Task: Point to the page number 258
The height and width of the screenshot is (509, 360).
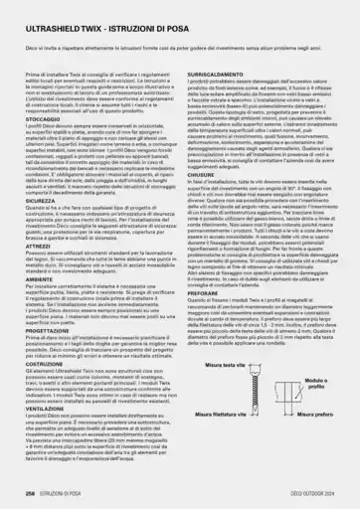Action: tap(31, 492)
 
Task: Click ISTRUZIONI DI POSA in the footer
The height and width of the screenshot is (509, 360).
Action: tap(70, 492)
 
